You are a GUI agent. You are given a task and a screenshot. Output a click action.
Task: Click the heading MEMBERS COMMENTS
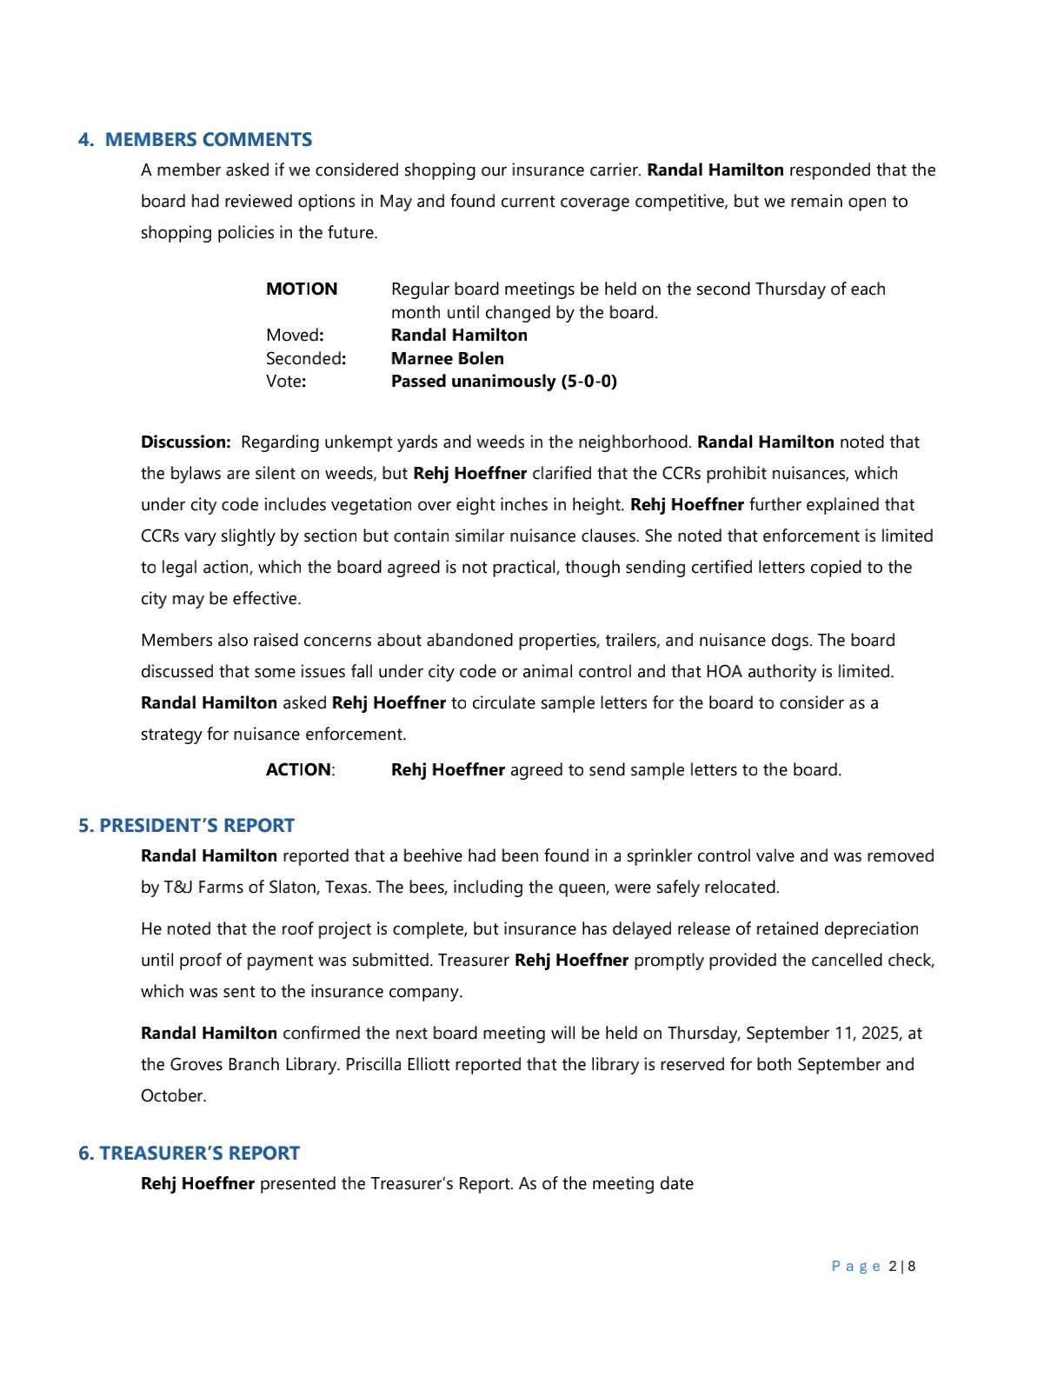point(208,140)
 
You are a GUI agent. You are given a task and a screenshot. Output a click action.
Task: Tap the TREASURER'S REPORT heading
point(199,1154)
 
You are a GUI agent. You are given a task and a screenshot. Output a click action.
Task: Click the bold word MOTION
point(302,289)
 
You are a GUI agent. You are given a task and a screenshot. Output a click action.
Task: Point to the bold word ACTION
point(298,770)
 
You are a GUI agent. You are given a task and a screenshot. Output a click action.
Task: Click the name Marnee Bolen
point(447,359)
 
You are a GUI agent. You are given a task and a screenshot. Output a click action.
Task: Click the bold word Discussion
point(185,442)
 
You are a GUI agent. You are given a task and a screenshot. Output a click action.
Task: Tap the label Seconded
point(304,359)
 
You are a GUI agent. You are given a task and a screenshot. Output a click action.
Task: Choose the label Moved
point(293,336)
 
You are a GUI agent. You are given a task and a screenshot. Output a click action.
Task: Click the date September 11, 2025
point(824,1034)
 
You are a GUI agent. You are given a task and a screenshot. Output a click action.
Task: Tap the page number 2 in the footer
point(894,1267)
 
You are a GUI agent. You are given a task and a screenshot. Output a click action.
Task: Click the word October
point(173,1096)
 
